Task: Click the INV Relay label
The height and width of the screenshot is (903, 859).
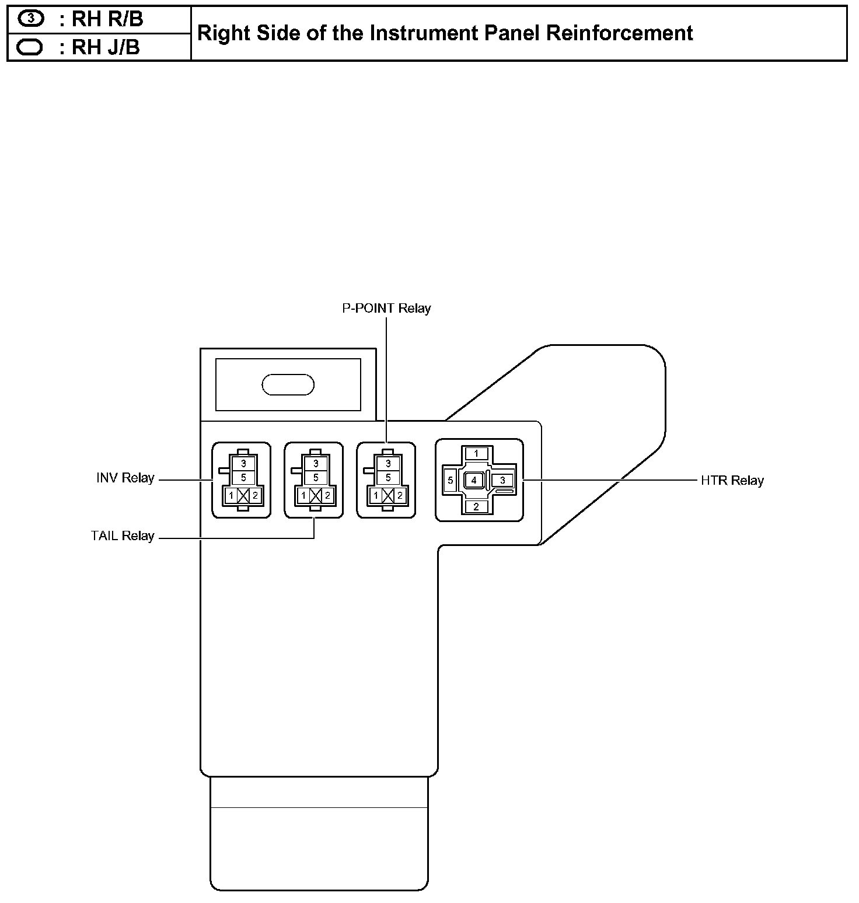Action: [125, 478]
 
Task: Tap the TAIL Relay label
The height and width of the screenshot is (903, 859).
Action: [123, 536]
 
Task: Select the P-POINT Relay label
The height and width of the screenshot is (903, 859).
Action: [386, 309]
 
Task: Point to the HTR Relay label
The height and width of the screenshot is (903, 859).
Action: [732, 481]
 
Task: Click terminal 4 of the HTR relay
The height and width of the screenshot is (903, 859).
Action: [474, 480]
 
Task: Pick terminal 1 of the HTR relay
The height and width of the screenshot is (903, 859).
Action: [476, 453]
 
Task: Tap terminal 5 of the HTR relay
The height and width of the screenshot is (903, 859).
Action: [451, 481]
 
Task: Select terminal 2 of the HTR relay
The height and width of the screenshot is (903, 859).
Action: [476, 506]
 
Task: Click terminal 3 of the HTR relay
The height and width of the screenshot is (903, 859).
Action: [502, 480]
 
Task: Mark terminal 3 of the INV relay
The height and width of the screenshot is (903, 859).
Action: [243, 464]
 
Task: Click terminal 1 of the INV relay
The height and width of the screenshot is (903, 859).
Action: [231, 496]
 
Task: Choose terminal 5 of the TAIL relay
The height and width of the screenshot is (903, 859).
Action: [316, 477]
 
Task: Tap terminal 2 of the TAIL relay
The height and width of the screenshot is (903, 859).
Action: [328, 496]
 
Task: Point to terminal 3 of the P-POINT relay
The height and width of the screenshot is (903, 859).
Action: [388, 464]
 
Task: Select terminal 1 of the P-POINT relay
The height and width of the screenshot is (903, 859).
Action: [376, 496]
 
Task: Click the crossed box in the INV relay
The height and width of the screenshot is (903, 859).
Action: [243, 496]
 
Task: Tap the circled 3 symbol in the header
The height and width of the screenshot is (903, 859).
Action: [31, 19]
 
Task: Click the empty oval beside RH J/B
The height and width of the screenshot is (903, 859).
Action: [30, 47]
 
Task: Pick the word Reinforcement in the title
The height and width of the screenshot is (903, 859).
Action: [620, 33]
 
